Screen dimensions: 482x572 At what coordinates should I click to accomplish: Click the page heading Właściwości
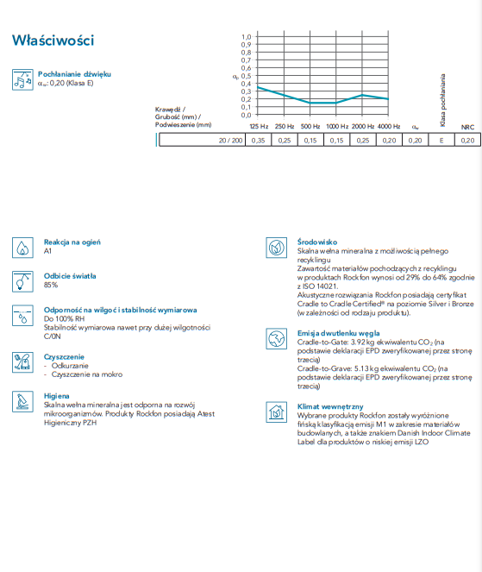coord(53,41)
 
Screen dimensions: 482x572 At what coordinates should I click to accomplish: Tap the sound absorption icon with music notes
coord(22,79)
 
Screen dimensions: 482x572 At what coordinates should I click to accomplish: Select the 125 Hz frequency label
coord(259,127)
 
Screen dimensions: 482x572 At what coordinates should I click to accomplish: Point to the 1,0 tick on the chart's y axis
coord(246,37)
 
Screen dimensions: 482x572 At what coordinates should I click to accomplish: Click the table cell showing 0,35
coord(258,140)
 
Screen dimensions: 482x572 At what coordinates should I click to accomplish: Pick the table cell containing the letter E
coord(441,140)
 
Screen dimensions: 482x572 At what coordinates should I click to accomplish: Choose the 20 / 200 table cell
coord(203,140)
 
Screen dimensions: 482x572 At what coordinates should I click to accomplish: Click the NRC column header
coord(467,127)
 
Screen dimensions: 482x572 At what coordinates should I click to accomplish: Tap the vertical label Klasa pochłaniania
coord(442,100)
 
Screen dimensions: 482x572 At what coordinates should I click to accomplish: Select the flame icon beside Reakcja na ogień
coord(22,248)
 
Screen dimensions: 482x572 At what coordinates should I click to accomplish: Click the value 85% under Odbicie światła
coord(51,285)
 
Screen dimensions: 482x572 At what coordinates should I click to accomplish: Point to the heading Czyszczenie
coord(64,357)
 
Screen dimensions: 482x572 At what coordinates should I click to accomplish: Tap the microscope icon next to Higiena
coord(22,402)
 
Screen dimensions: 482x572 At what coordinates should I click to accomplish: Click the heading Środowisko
coord(317,242)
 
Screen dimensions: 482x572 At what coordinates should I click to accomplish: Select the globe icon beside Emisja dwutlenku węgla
coord(277,339)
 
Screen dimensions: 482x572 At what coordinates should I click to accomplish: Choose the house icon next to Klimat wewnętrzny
coord(277,412)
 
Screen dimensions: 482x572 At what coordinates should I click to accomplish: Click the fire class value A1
coord(47,251)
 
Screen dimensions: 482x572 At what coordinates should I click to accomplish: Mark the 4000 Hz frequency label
coord(389,127)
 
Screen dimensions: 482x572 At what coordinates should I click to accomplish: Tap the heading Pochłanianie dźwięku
coord(74,74)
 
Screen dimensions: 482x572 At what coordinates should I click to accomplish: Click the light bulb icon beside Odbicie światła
coord(22,281)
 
